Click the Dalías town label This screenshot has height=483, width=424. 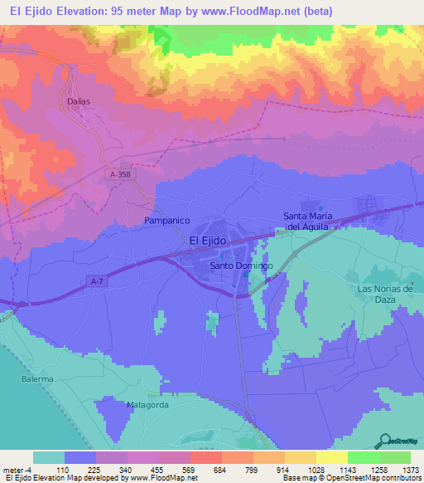click(x=77, y=100)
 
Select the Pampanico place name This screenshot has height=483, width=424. click(x=167, y=221)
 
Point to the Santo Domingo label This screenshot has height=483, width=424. click(x=241, y=266)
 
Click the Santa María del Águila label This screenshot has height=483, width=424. click(x=306, y=222)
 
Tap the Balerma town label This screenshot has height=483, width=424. click(x=37, y=379)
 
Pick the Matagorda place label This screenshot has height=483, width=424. click(x=147, y=405)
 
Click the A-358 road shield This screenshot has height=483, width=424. click(x=120, y=174)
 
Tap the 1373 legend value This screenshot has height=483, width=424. click(x=411, y=470)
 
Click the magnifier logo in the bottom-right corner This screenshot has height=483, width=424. click(x=386, y=441)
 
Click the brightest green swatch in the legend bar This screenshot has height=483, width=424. click(x=364, y=457)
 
